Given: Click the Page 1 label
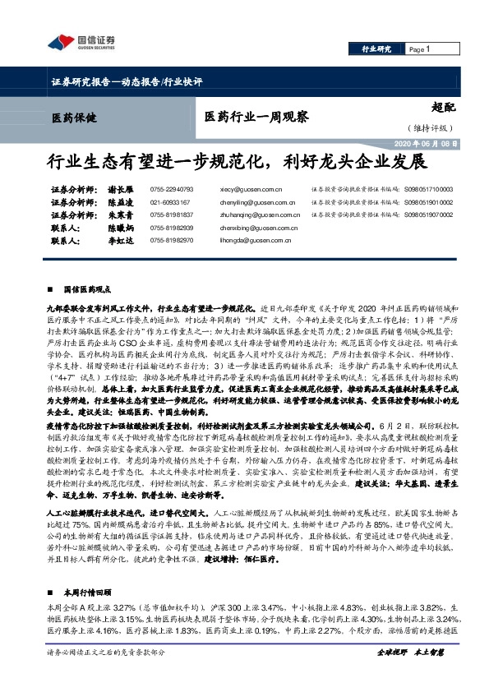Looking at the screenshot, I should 420,49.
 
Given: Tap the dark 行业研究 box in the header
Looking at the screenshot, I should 376,49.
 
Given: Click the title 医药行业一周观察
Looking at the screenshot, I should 256,117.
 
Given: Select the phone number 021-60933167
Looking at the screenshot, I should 170,201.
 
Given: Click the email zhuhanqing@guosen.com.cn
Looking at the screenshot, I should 259,214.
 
